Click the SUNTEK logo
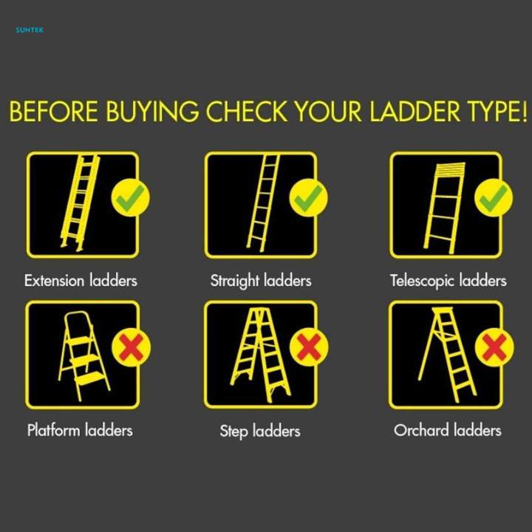(30, 30)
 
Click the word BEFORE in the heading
(54, 112)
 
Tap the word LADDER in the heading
(415, 112)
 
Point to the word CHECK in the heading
(247, 112)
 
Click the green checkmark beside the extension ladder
(130, 198)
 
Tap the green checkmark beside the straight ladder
(308, 198)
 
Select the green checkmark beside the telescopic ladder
(494, 198)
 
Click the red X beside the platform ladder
(132, 347)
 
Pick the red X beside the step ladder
(309, 347)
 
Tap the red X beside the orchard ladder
(494, 347)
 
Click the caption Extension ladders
(81, 281)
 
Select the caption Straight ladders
(261, 282)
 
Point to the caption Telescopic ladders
(449, 282)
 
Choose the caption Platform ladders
(80, 430)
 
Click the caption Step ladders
(260, 432)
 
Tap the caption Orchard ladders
(448, 430)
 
